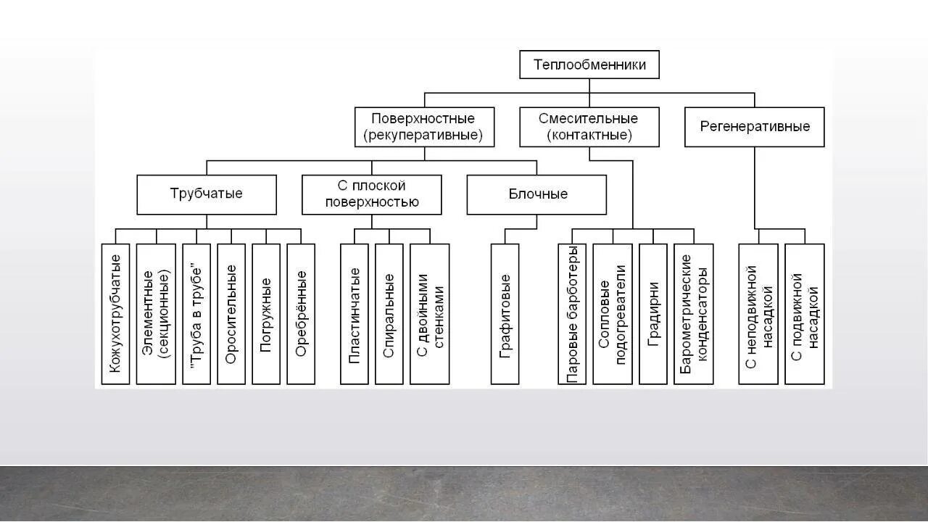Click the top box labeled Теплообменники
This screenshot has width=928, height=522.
click(x=589, y=65)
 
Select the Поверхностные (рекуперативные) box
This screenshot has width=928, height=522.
click(x=424, y=127)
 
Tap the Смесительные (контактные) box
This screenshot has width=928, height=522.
click(x=589, y=127)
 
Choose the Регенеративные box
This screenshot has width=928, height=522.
click(x=754, y=127)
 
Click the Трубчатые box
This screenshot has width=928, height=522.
click(x=207, y=194)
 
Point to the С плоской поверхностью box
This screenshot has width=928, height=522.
click(x=371, y=194)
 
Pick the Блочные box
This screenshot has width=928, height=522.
click(x=536, y=194)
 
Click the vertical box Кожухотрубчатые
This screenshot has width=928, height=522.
click(x=116, y=313)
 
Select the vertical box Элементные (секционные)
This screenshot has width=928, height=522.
click(x=156, y=313)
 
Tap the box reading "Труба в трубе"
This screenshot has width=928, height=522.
click(x=196, y=313)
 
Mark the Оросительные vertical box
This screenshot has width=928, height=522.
click(x=231, y=313)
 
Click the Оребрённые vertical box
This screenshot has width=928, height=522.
click(x=301, y=313)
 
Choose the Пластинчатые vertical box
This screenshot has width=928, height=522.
click(x=355, y=313)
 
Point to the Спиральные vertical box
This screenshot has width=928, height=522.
click(x=389, y=313)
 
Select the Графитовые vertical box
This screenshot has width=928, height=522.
click(x=505, y=313)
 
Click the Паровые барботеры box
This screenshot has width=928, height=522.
click(x=572, y=313)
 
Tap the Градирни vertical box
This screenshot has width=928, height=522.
click(x=653, y=313)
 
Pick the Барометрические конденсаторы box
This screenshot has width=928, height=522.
click(x=694, y=313)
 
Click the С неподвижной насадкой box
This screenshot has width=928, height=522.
click(x=758, y=313)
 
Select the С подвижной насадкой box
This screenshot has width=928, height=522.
click(x=805, y=313)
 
